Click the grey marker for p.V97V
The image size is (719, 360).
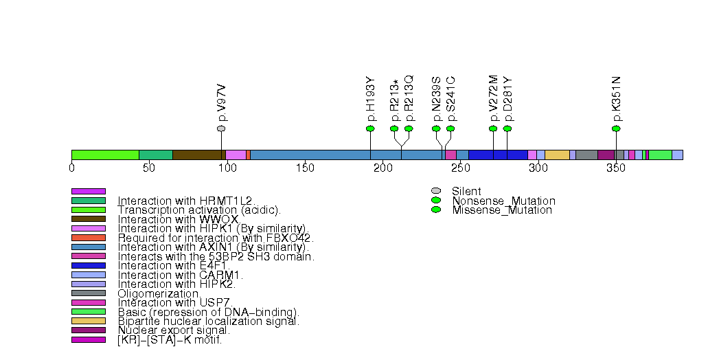(221, 128)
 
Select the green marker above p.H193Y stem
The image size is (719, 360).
(370, 128)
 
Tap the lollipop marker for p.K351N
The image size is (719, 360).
(616, 128)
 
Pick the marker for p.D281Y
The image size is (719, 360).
(507, 128)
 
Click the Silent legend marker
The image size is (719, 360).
(435, 191)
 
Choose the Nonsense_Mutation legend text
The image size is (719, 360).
(503, 201)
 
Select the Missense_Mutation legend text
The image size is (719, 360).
(501, 210)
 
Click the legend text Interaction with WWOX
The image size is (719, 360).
(178, 219)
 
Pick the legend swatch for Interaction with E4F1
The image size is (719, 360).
(89, 265)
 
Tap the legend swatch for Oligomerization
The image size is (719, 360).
(89, 293)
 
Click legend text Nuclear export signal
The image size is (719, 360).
(174, 330)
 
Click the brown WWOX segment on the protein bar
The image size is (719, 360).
(196, 155)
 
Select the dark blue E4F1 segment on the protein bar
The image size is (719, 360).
(498, 155)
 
